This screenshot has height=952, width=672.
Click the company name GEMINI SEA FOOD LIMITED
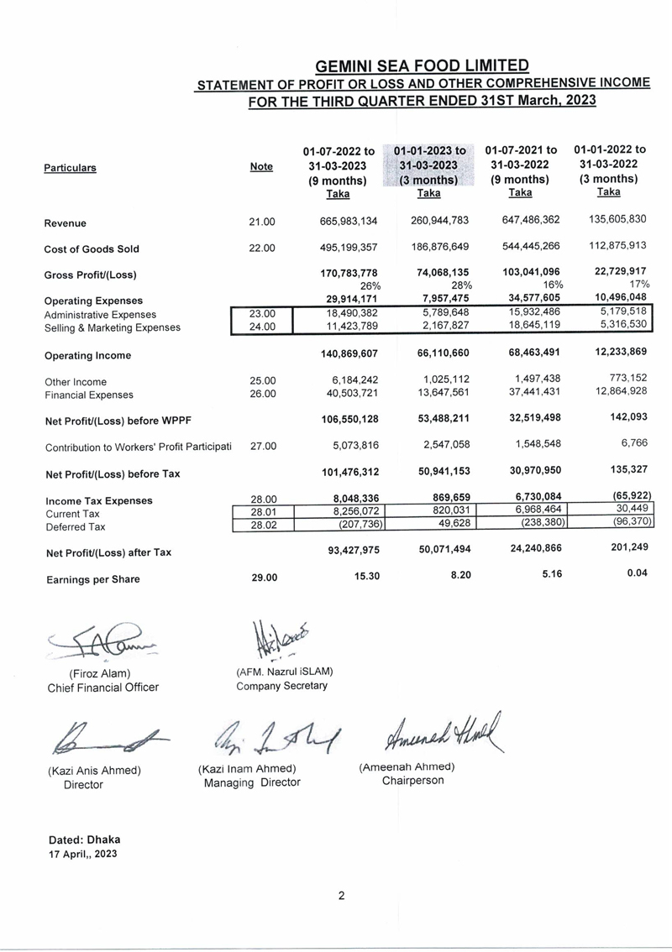pos(422,65)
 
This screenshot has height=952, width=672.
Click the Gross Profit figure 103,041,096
pos(523,273)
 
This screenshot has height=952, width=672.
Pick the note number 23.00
pos(263,314)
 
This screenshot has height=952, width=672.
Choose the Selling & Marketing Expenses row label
pos(112,327)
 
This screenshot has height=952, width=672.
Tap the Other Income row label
pos(76,382)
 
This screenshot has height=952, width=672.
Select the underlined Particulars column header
pos(70,168)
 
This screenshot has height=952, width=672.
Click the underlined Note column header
pos(261,167)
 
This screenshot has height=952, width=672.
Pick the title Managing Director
pos(252,783)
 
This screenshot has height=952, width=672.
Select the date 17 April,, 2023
pos(82,854)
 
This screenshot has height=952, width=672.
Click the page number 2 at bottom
pos(342,895)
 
